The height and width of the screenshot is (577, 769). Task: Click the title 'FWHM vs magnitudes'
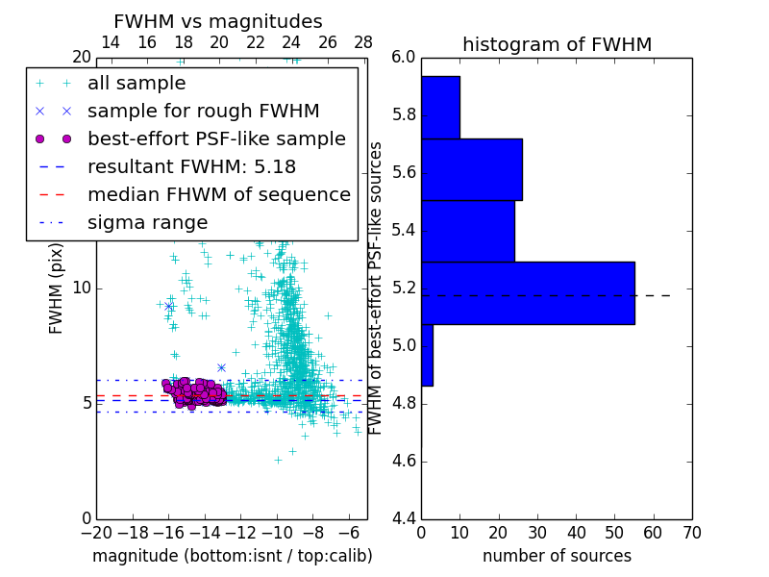coord(218,21)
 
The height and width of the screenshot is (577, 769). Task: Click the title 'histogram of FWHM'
coord(557,44)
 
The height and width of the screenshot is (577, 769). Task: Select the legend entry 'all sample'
coord(136,84)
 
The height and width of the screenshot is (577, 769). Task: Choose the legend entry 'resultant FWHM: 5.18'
coord(191,166)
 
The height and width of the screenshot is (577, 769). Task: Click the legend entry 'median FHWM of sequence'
coord(218,194)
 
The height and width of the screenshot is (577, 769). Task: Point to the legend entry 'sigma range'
coord(147,222)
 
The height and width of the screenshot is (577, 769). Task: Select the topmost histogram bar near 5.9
coord(440,107)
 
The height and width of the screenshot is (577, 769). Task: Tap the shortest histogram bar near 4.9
coord(427,355)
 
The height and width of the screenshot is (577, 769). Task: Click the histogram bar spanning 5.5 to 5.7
coord(471,169)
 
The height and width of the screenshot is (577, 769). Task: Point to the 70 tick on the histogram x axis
coord(691,530)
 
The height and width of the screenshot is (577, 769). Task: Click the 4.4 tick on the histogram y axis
coord(404,518)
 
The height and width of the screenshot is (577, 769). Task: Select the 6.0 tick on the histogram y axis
coord(404,58)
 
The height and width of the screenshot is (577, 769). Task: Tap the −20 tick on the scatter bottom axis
coord(96,532)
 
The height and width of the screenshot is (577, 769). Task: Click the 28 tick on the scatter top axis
coord(363,42)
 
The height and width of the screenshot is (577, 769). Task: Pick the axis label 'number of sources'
coord(557,556)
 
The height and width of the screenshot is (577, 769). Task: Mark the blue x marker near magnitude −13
coord(221,367)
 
